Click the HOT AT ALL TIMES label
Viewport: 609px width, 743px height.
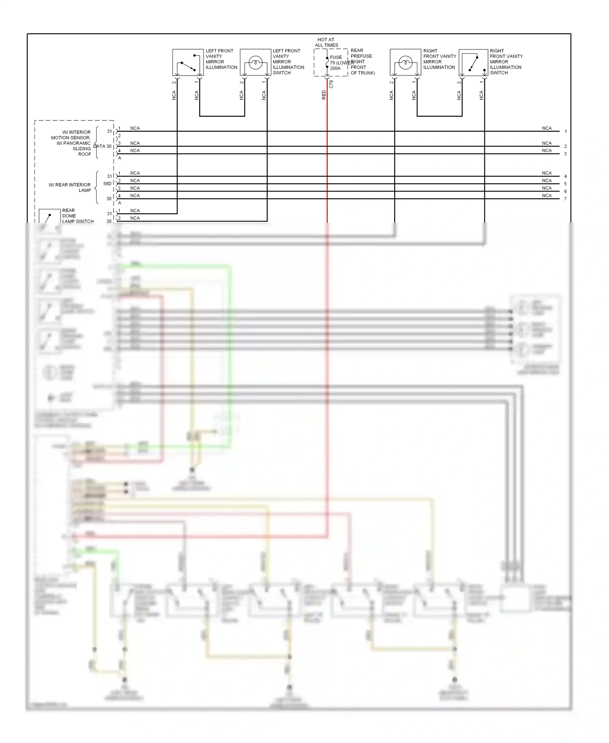point(326,42)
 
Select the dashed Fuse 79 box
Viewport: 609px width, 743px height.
point(330,63)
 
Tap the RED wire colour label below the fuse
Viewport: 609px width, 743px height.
point(324,95)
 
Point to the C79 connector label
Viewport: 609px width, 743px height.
point(331,84)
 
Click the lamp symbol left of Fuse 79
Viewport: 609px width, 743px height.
point(255,63)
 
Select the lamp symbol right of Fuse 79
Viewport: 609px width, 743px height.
point(405,63)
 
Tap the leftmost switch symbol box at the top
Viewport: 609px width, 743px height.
point(188,63)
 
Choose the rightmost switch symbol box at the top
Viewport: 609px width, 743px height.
point(473,63)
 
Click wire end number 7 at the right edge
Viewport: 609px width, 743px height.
point(565,199)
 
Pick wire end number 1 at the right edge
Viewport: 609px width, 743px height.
point(565,131)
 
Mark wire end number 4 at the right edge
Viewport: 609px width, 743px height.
point(565,176)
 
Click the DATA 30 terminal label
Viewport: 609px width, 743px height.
point(102,146)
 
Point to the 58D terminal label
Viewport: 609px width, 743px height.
point(107,184)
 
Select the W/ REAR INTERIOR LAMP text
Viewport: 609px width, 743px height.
point(70,187)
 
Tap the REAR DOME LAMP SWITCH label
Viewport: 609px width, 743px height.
point(78,216)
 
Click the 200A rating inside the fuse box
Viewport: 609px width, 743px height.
point(335,68)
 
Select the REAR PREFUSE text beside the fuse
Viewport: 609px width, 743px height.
point(361,53)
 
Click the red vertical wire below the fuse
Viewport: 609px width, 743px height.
point(327,163)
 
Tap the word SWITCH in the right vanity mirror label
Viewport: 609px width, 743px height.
point(499,73)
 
